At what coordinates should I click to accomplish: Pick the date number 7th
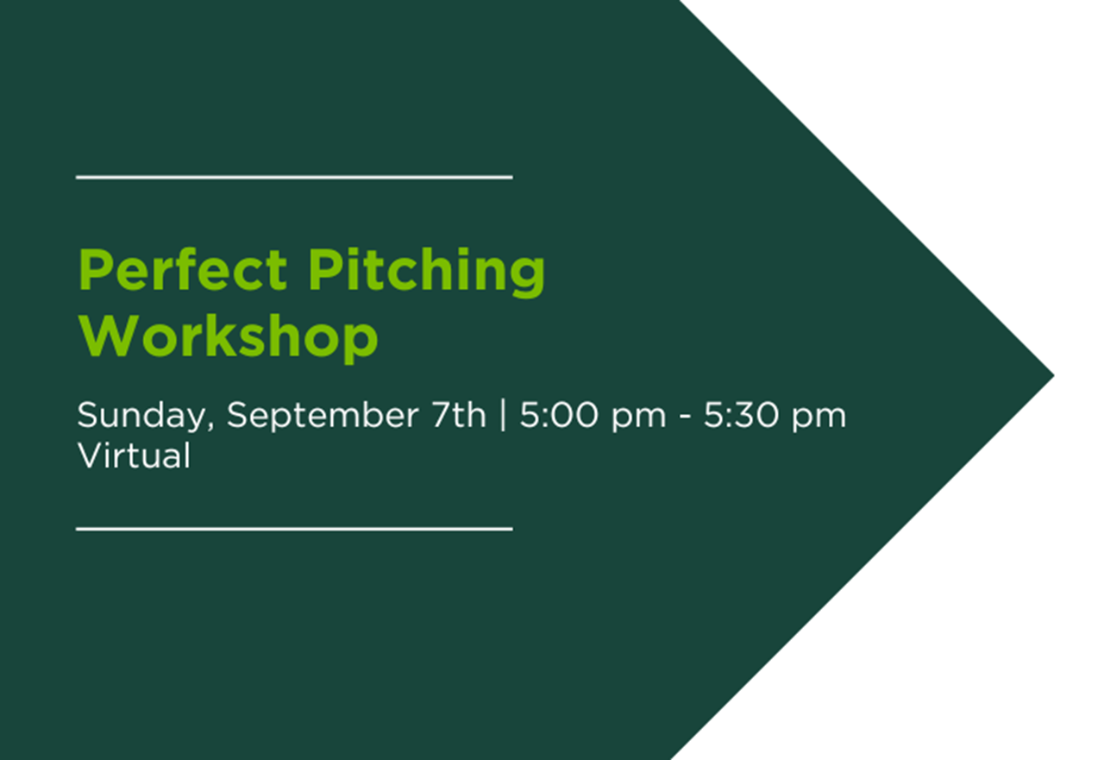(x=458, y=415)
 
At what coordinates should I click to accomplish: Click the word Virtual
(x=134, y=455)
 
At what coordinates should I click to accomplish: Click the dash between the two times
(x=685, y=418)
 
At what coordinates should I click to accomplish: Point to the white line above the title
(x=294, y=178)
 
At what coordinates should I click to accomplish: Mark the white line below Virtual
(x=294, y=529)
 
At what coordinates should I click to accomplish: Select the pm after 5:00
(x=639, y=418)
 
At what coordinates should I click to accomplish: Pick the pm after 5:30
(x=821, y=418)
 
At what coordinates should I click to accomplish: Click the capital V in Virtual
(x=88, y=455)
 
